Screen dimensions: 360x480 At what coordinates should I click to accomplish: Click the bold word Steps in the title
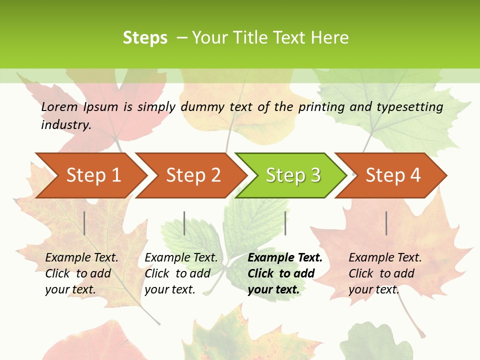145,38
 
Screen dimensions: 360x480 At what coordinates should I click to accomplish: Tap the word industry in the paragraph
65,124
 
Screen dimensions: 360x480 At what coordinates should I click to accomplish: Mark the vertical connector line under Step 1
84,223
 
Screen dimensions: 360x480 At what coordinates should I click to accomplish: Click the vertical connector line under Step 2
184,223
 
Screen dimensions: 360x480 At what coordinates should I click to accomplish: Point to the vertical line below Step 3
285,223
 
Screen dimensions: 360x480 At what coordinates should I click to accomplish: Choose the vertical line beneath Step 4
386,223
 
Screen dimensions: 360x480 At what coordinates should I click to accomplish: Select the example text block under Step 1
81,273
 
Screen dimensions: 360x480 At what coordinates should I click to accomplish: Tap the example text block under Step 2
180,273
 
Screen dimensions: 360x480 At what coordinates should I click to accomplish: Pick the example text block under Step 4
384,273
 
